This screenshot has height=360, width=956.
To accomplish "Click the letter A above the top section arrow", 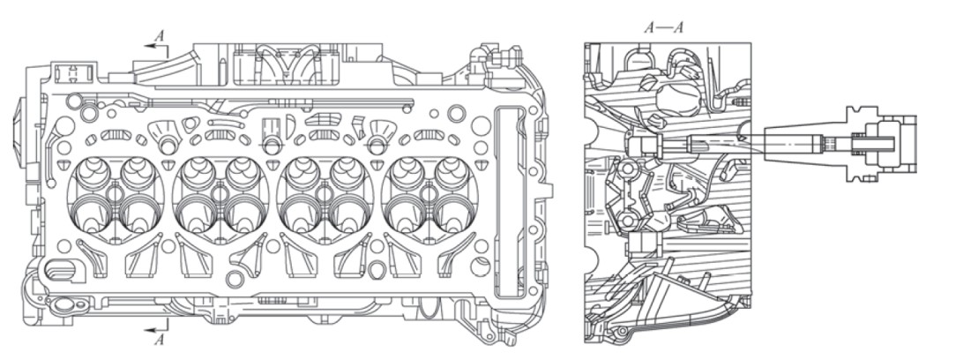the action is point(159,36).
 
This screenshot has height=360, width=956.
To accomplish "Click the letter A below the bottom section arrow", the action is point(159,340).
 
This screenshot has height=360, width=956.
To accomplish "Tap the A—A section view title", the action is point(663,27).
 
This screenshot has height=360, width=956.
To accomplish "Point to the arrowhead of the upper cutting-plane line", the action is point(149,46).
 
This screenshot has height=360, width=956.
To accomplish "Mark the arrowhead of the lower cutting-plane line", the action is point(149,330).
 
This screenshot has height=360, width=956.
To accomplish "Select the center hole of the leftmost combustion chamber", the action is point(115,194).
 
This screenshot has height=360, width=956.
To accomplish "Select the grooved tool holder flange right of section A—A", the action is point(863,144).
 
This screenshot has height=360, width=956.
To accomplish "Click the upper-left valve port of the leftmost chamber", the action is point(91,173).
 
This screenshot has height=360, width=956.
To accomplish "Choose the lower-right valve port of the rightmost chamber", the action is point(453,216).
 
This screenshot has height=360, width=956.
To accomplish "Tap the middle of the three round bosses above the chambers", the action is point(272,145).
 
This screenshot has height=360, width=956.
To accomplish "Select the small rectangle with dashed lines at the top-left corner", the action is point(73,72).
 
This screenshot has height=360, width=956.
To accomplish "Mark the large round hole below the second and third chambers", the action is point(235,280).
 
